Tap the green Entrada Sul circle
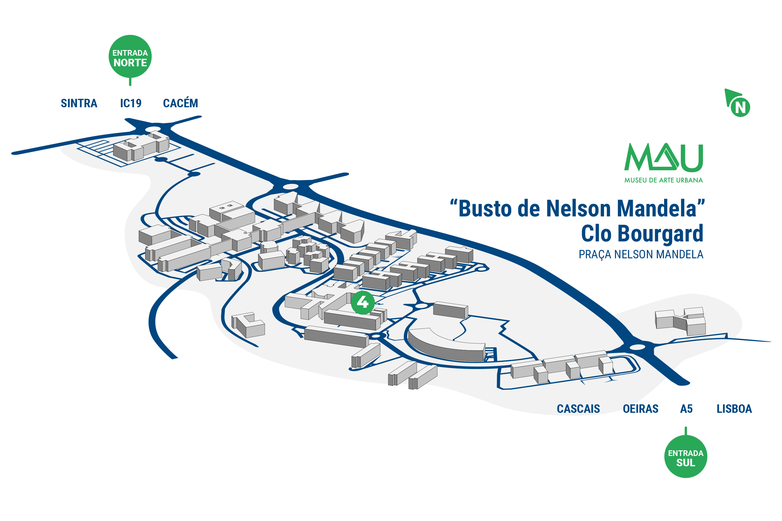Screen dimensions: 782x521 [685, 456]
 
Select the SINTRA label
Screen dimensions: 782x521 [79, 103]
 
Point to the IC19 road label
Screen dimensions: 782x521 [131, 103]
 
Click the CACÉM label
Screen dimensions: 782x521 [180, 103]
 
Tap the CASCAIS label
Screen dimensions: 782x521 [578, 409]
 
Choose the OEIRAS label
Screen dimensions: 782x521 [640, 409]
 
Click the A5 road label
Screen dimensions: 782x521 [686, 409]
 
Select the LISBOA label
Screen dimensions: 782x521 [734, 409]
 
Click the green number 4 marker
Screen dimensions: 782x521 [363, 302]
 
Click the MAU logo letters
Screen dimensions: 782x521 [663, 158]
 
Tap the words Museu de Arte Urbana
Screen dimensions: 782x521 [663, 180]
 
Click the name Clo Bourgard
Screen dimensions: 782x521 [642, 234]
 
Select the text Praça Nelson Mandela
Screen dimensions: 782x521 [641, 255]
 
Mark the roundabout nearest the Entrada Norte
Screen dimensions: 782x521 [153, 129]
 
